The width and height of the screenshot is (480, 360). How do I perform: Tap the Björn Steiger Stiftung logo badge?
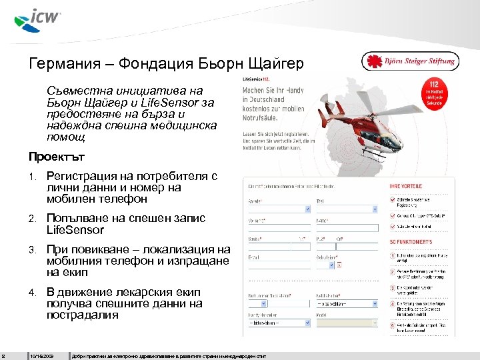(410, 61)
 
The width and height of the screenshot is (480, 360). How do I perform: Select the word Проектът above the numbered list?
(57, 157)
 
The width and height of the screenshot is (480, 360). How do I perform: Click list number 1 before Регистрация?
(32, 177)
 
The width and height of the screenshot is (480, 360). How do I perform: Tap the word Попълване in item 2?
(74, 218)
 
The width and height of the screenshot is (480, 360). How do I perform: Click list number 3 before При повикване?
(32, 250)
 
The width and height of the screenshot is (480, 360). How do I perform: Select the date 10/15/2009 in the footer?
(42, 355)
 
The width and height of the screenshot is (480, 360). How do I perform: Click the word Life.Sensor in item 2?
(75, 230)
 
